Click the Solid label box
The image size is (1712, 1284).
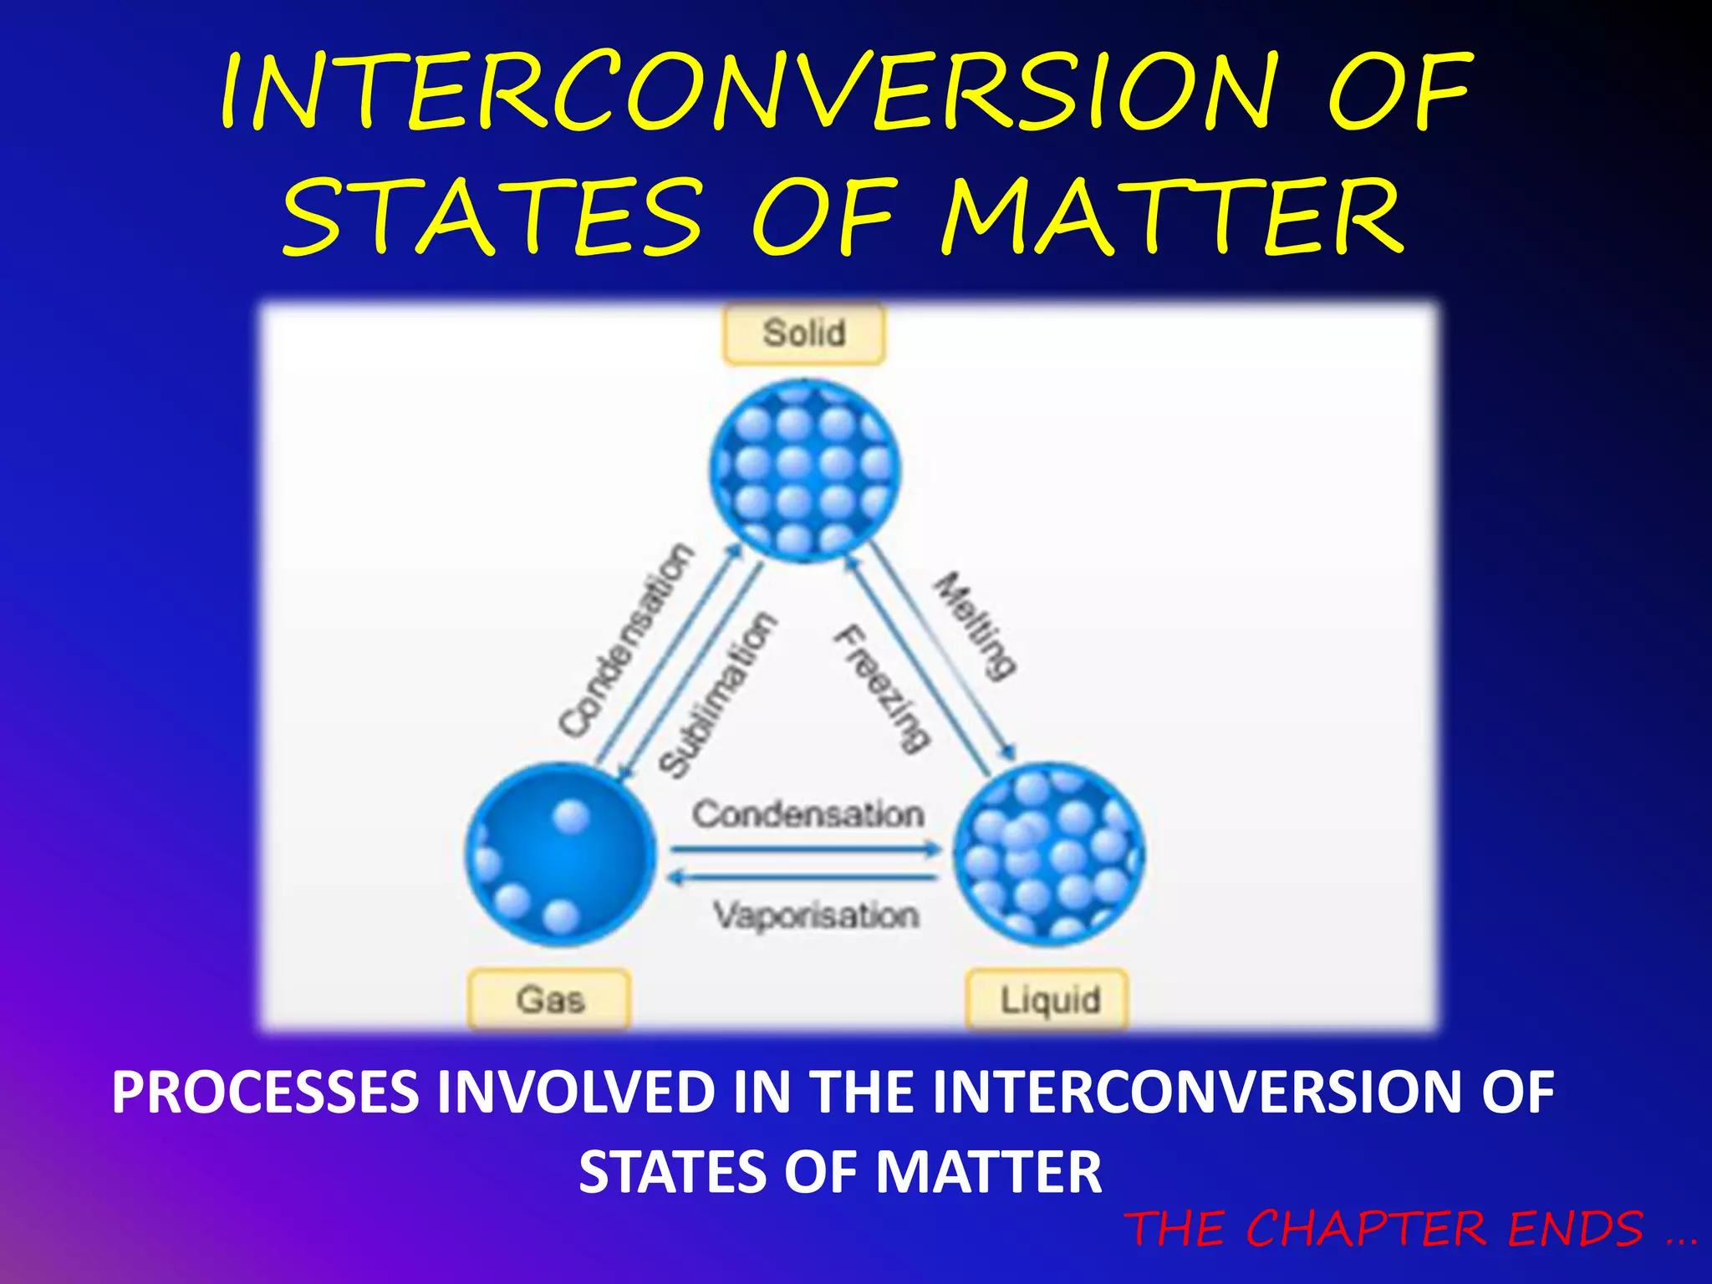(803, 334)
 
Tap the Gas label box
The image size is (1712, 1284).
(549, 1000)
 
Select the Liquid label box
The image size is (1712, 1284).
(1048, 1000)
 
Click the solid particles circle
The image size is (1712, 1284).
(806, 470)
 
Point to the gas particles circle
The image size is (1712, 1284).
(560, 854)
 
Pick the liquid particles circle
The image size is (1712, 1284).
(1048, 854)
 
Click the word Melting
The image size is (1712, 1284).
(975, 624)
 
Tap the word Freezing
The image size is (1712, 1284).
(882, 689)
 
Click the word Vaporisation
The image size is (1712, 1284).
(816, 915)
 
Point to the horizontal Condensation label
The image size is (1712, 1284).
(808, 814)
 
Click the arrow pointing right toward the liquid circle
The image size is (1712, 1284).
(806, 850)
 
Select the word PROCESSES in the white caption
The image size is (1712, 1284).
(265, 1092)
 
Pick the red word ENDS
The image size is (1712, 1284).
(1575, 1229)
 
